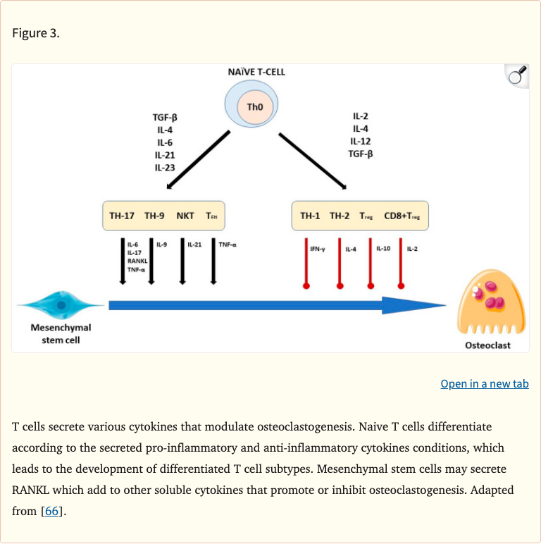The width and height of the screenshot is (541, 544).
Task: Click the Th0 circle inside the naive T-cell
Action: [x=254, y=107]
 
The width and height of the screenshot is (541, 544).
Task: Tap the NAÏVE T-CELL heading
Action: [x=256, y=72]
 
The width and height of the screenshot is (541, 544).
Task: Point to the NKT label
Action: [x=185, y=216]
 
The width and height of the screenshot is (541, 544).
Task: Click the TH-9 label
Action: [x=154, y=216]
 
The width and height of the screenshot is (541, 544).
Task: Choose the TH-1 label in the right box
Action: [x=310, y=216]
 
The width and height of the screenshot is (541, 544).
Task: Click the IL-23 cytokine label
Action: [x=165, y=168]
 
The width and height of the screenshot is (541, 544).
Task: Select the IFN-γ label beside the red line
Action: [x=317, y=249]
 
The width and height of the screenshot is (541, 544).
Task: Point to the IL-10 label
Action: [x=383, y=248]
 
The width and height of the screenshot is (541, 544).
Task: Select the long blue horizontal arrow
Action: [x=275, y=305]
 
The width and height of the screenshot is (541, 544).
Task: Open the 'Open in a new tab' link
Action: [x=484, y=383]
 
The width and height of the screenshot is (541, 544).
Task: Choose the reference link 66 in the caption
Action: [x=52, y=511]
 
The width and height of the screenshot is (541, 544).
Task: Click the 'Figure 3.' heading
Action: [x=35, y=34]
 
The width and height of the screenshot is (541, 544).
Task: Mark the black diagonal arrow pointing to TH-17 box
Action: [x=199, y=161]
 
